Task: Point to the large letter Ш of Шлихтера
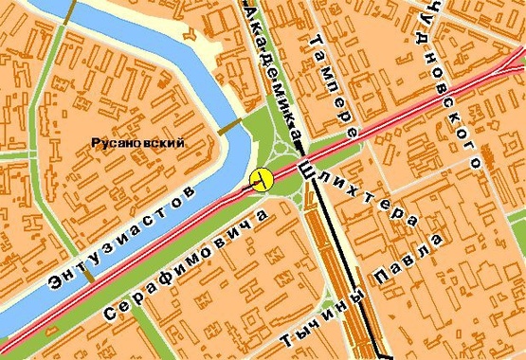click(x=306, y=169)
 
